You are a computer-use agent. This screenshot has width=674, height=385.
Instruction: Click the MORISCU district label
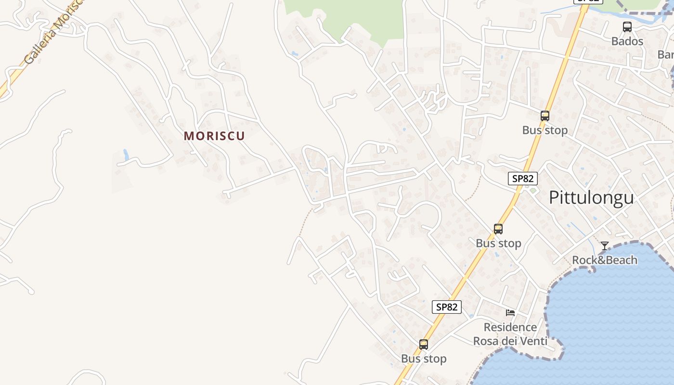coord(214,136)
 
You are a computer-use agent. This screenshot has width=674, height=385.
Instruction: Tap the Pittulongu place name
coord(591,198)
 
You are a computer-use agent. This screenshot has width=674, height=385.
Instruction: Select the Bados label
coord(627,41)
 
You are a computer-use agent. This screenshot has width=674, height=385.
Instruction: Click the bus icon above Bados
coord(627,27)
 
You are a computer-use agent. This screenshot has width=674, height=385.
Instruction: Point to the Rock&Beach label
coord(604,260)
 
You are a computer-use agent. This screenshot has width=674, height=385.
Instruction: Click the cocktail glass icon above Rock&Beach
coord(604,246)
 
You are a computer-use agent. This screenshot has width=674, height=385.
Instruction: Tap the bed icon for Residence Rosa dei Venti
coord(510,313)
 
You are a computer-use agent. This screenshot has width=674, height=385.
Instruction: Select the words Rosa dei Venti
coord(510,342)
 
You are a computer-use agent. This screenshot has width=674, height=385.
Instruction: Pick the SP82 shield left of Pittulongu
coord(522,179)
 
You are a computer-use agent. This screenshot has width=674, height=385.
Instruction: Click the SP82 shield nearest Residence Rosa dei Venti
coord(447,307)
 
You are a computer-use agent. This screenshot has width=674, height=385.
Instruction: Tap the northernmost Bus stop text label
coord(544,130)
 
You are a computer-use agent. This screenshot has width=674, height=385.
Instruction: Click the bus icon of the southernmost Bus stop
coord(424,345)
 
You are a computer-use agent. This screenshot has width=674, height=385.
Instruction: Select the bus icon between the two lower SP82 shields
coord(498,229)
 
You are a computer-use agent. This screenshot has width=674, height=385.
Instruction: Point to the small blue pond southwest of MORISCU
coord(126,155)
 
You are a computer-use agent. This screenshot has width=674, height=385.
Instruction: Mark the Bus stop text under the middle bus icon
coord(498,244)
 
